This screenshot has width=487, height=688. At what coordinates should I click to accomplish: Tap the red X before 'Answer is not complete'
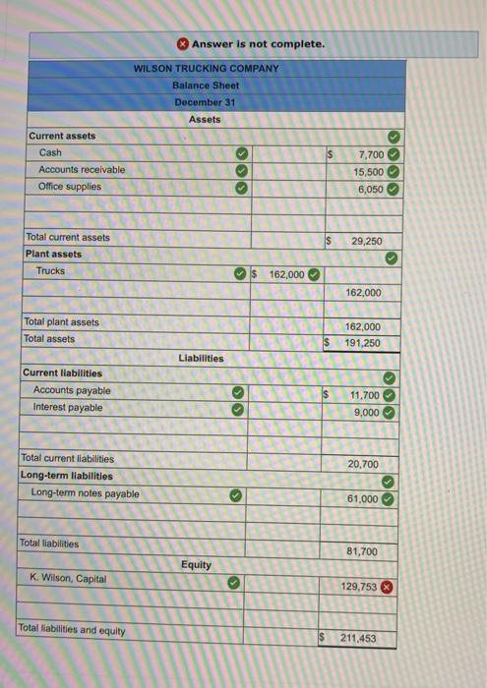click(183, 44)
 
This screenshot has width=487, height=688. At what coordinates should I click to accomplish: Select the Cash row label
click(50, 152)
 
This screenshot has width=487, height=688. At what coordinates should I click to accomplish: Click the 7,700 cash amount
click(371, 155)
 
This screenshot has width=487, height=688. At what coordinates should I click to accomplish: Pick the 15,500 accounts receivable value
click(369, 171)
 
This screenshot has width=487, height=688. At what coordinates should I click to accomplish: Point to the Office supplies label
click(70, 186)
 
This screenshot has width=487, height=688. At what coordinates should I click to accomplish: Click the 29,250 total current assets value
click(366, 240)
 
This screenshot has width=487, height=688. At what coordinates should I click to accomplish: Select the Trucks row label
click(50, 270)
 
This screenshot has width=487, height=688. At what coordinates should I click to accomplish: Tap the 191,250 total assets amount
click(363, 343)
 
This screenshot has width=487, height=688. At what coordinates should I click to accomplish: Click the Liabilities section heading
click(201, 358)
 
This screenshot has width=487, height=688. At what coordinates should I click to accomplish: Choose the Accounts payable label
click(72, 390)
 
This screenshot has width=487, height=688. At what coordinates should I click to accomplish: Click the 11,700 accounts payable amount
click(369, 395)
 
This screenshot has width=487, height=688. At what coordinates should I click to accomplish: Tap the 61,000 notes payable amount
click(362, 498)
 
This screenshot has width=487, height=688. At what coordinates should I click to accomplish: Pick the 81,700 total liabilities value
click(362, 551)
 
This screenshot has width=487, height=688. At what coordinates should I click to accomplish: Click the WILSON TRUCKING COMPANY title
click(207, 68)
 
